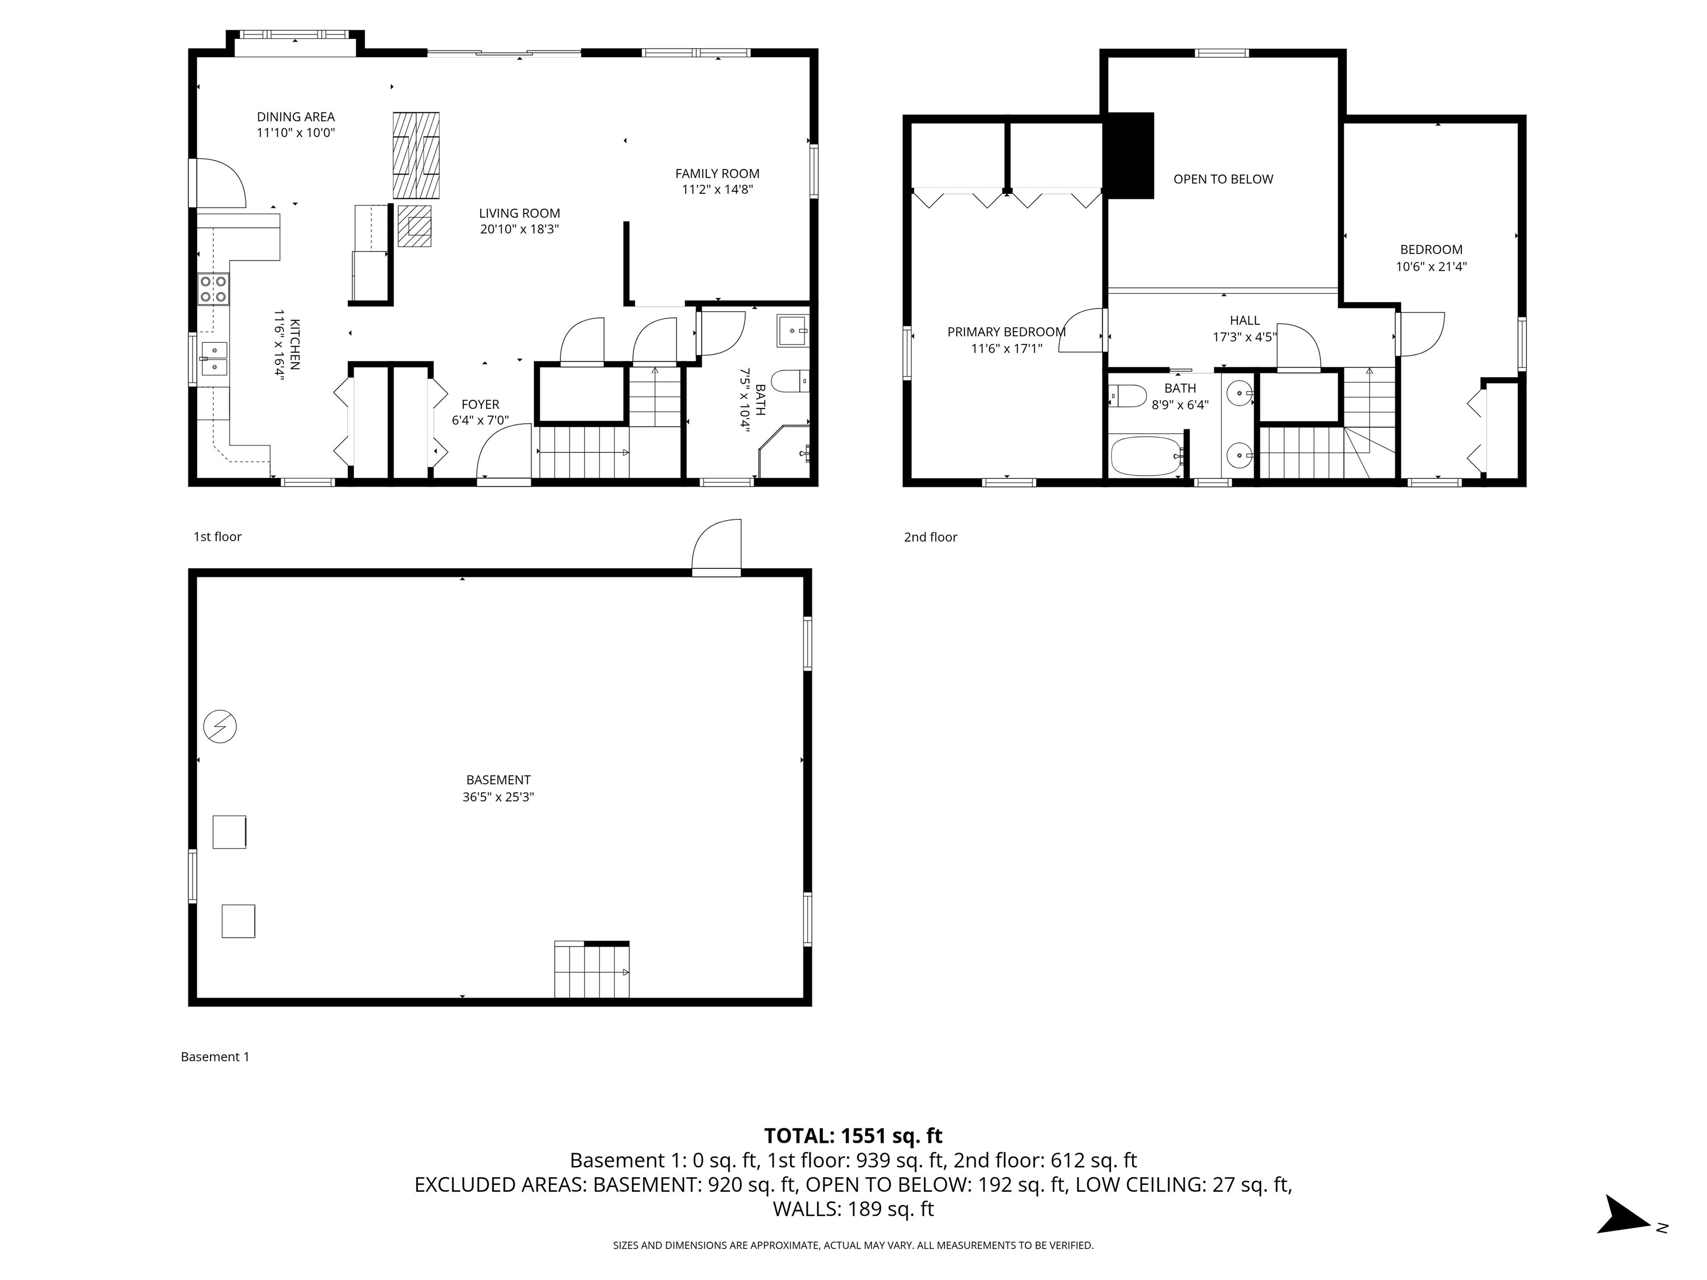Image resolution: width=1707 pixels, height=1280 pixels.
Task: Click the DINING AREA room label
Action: (x=296, y=117)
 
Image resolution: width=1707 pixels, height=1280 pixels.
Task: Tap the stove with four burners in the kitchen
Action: (x=214, y=288)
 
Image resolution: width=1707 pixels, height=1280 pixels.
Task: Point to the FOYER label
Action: (x=480, y=404)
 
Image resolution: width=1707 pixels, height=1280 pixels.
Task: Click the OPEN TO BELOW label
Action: (x=1223, y=179)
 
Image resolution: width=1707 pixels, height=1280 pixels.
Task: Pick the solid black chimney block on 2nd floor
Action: (x=1130, y=155)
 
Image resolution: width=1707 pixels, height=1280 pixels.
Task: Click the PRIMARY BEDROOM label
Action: (x=1006, y=332)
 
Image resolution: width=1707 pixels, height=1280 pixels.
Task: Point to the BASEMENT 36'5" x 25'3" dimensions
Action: (x=498, y=797)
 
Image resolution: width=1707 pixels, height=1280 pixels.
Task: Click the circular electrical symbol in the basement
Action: (x=220, y=726)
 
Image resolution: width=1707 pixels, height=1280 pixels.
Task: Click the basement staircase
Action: (x=591, y=971)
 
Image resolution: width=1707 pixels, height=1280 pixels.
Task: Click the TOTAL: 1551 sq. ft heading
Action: (x=853, y=1136)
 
